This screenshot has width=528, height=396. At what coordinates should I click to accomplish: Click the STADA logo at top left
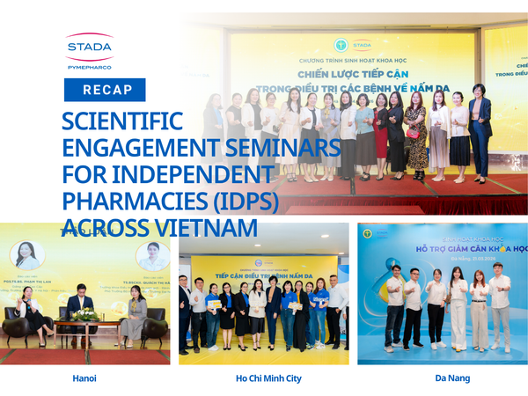tap(89, 47)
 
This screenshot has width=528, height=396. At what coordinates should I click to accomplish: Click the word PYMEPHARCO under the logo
tap(89, 65)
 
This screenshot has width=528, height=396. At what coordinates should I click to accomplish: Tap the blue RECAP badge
tap(105, 90)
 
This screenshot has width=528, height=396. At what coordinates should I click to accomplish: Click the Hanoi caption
tap(85, 378)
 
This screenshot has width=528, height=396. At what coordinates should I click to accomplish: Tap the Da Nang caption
tap(452, 378)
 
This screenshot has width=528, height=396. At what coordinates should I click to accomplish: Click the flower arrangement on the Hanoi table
tap(85, 313)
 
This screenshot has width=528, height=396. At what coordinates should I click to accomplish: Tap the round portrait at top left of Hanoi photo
tap(26, 255)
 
